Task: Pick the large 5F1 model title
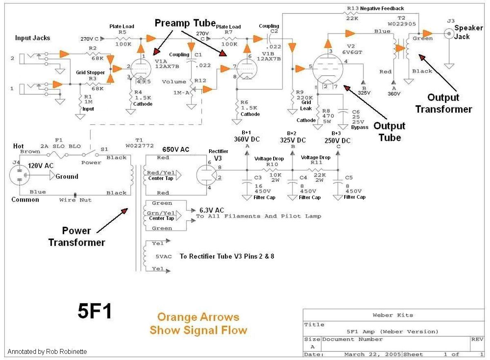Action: click(x=95, y=312)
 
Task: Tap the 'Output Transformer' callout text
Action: click(x=443, y=103)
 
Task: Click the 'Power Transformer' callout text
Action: click(x=77, y=236)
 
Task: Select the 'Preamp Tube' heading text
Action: click(x=185, y=23)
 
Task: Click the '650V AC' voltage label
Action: click(x=176, y=149)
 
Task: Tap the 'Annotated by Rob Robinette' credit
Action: click(x=47, y=351)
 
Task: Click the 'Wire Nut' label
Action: click(x=76, y=200)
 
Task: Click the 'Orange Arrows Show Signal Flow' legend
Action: click(x=198, y=323)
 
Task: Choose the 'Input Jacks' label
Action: click(x=33, y=38)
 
